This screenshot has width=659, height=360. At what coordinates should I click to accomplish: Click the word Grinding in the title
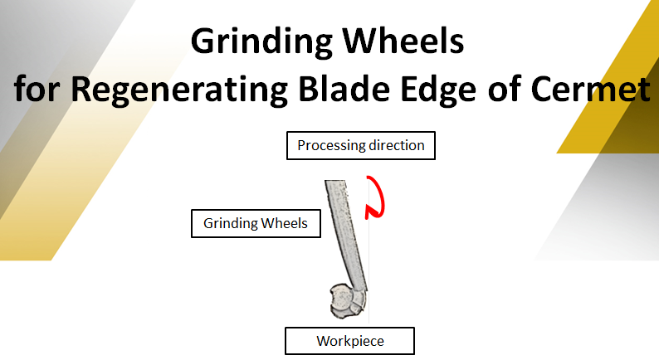[x=261, y=42]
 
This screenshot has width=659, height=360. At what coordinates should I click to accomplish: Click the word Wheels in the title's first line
[x=403, y=41]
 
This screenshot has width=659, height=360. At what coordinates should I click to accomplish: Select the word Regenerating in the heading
[x=179, y=90]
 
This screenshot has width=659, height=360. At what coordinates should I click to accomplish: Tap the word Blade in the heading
[x=344, y=88]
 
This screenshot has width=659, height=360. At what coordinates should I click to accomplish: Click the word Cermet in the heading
[x=591, y=89]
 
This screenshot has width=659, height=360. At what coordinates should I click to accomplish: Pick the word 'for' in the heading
[x=37, y=88]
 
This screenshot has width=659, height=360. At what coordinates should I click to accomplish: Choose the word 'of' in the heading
[x=504, y=88]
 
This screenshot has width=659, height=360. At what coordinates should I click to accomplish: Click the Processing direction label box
[x=361, y=145]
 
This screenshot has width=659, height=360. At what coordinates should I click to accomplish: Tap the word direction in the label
[x=397, y=145]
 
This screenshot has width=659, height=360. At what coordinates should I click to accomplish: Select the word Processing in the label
[x=331, y=146]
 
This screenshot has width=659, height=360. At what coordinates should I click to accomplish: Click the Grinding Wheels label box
[x=256, y=223]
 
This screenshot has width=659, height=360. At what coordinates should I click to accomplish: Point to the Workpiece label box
[x=349, y=341]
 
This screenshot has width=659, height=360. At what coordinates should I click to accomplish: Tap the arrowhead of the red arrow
[x=369, y=212]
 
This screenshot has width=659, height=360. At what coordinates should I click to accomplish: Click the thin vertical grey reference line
[x=369, y=252]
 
